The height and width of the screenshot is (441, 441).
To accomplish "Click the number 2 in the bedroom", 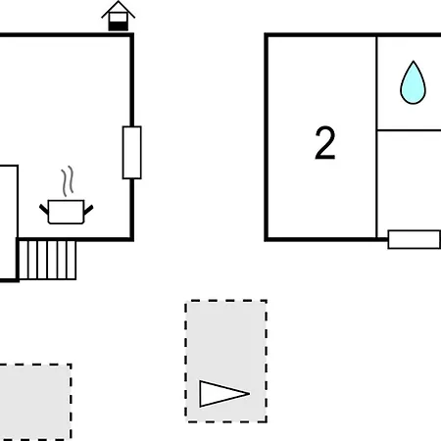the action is (x=325, y=143).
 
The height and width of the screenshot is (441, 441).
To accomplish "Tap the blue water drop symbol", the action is (x=413, y=83).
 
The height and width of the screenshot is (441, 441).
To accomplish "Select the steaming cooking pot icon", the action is (x=67, y=195).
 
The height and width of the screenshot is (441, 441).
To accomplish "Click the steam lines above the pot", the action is (x=68, y=181).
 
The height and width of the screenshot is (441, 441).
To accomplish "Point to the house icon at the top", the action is (x=118, y=16).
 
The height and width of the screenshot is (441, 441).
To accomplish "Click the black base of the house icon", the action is (x=118, y=26).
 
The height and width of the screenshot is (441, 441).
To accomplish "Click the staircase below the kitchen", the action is (x=47, y=260).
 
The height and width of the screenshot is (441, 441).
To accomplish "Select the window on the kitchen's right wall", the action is (x=132, y=153).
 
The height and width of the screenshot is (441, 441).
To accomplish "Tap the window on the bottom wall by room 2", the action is (x=415, y=239).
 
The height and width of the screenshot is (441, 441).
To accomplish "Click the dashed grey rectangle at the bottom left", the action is (x=35, y=402).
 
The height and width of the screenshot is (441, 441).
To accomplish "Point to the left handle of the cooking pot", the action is (x=44, y=209).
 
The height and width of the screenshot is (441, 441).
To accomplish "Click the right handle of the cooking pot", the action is (x=88, y=210).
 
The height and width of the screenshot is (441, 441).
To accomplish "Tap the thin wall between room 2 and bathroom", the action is (x=377, y=136).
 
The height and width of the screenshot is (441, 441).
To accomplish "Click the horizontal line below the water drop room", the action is (x=410, y=130).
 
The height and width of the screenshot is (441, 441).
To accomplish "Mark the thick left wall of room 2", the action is (x=267, y=137).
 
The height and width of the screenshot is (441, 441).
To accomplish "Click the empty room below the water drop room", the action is (x=410, y=180).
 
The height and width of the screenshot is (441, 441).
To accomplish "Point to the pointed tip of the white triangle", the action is (x=250, y=394).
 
